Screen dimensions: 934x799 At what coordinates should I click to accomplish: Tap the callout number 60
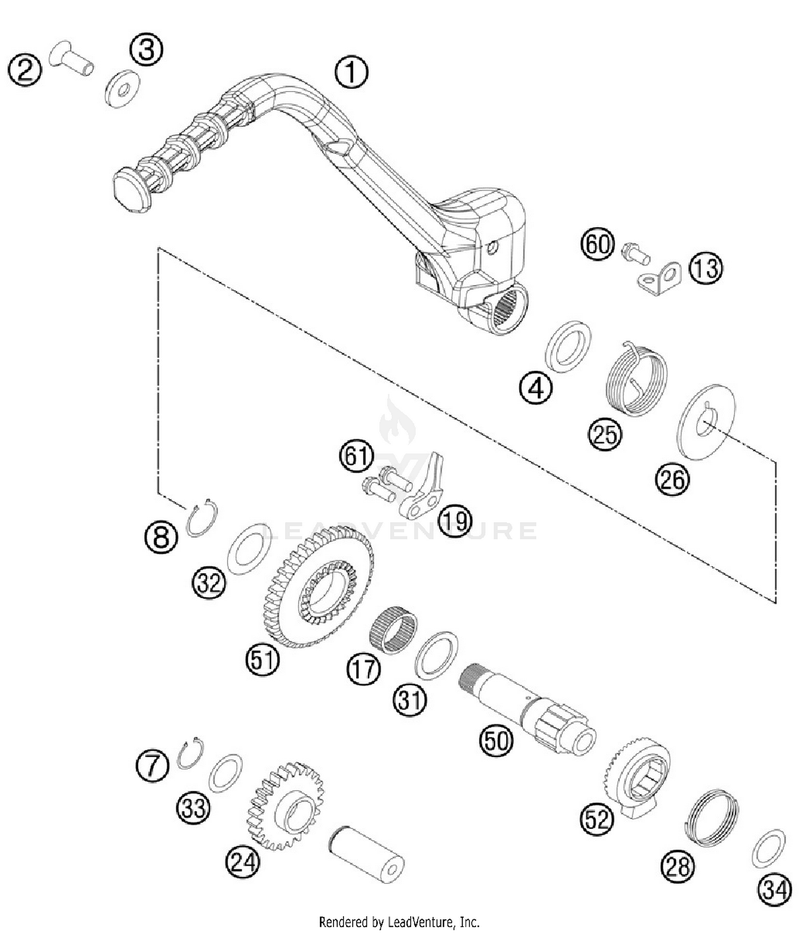click(x=597, y=244)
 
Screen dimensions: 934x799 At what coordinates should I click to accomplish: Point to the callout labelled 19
click(x=455, y=521)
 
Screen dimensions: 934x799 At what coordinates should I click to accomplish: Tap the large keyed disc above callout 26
click(x=707, y=422)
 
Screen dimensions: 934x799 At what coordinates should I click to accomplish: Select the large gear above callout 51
click(x=319, y=586)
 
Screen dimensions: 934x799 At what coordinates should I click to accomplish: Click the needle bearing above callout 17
click(x=393, y=631)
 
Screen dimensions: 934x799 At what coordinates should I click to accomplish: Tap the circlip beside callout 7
click(x=190, y=753)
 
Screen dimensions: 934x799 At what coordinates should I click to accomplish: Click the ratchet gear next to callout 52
click(x=637, y=773)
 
